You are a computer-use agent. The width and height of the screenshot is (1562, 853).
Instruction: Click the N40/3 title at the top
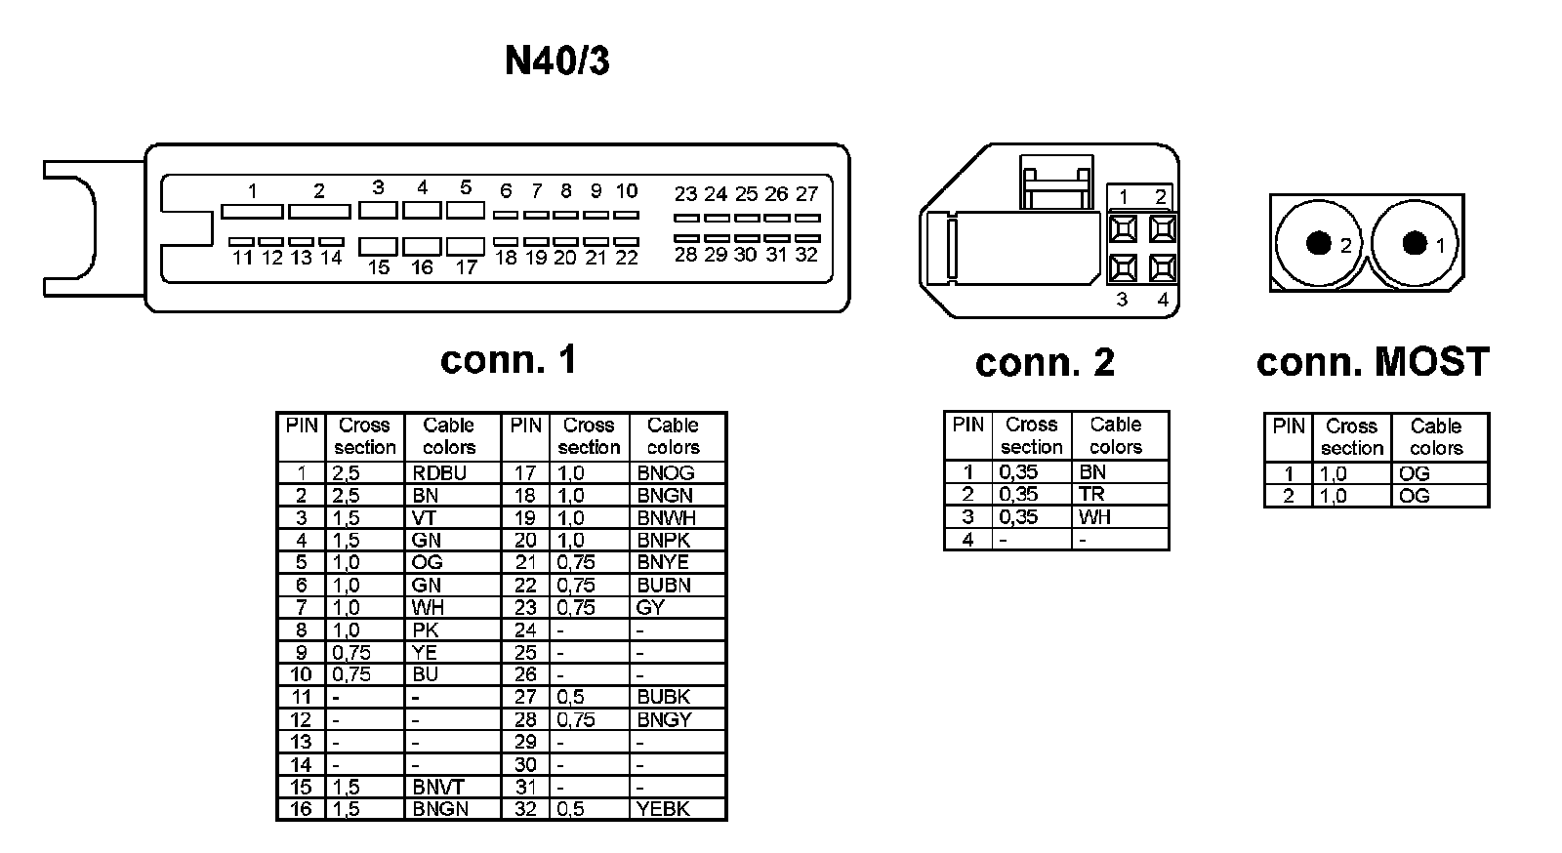coord(556,61)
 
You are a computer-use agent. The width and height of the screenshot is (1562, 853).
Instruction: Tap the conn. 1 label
coord(508,360)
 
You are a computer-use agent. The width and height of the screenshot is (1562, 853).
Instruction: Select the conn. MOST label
coord(1373,362)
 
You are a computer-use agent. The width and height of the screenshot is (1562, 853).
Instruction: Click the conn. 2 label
coord(1045,363)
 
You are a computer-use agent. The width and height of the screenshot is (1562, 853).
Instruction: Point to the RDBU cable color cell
coord(439,473)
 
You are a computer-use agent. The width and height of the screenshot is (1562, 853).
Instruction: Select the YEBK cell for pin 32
coord(664,809)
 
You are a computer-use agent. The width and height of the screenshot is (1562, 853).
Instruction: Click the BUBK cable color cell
coord(664,697)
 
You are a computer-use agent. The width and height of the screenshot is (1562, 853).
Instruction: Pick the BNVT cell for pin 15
coord(438,787)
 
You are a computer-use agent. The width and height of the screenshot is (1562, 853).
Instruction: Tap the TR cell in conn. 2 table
coord(1091,495)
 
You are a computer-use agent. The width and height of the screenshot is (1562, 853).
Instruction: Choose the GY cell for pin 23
coord(650,607)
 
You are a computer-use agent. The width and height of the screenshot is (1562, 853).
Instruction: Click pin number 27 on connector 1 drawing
coord(806,194)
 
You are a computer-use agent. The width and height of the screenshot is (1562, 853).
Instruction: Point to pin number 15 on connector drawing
coord(379,267)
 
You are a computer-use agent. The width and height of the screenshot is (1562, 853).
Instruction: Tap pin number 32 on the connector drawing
coord(806,255)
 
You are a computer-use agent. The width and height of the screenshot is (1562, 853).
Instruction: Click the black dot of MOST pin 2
coord(1318,243)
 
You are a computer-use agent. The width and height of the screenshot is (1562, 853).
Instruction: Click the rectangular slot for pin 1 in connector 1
coord(252,211)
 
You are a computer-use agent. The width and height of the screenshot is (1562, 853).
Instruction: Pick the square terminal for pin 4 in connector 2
coord(1162,267)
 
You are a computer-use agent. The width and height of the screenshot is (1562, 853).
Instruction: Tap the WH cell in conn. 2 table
coord(1095,517)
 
